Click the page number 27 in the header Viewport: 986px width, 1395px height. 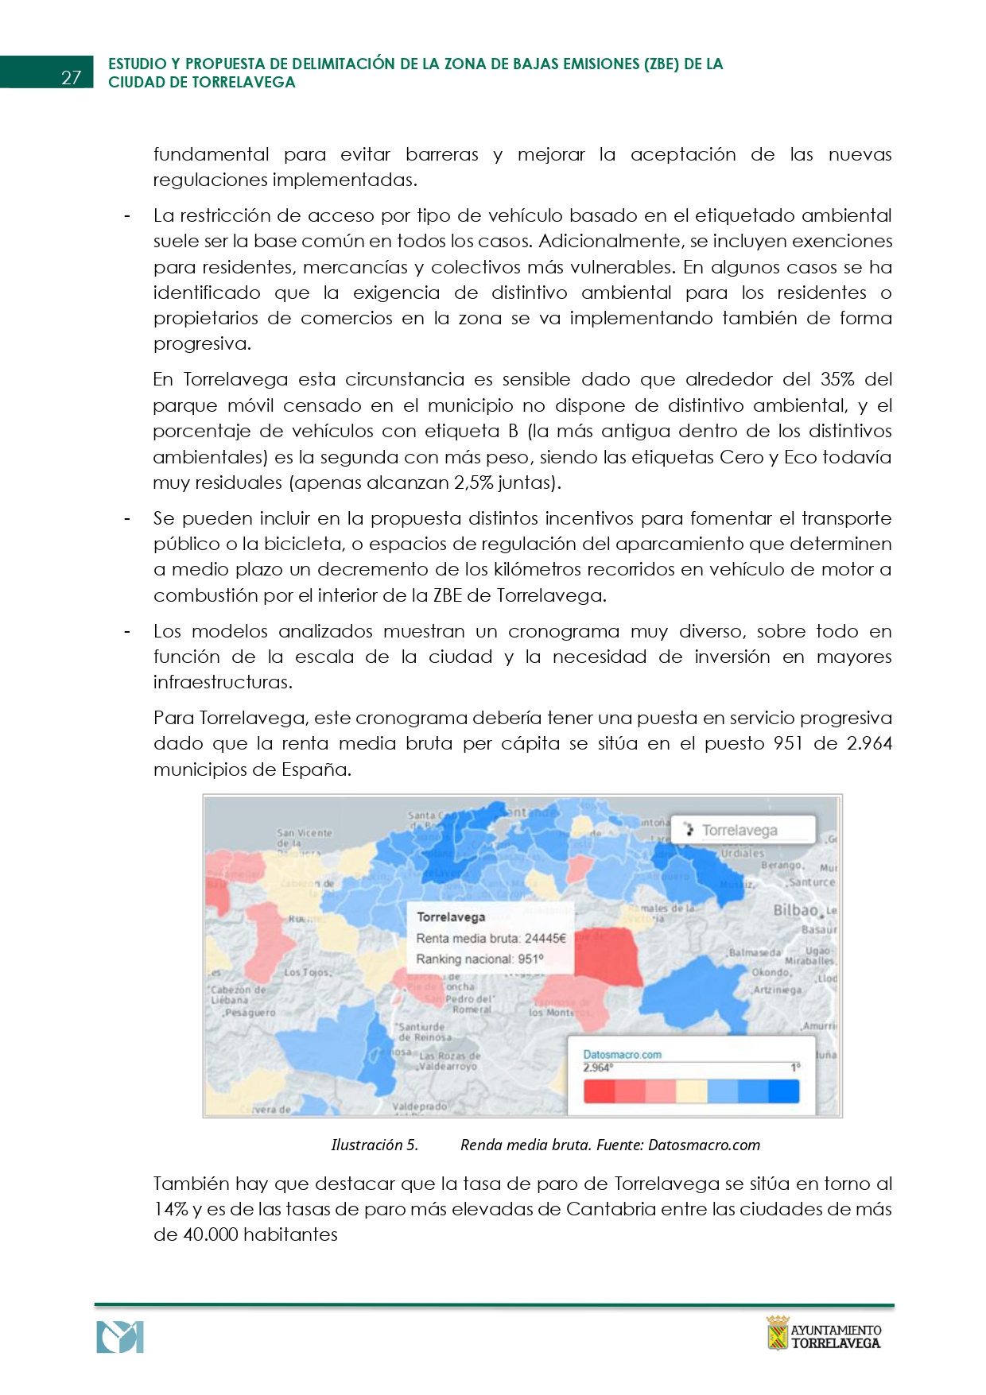[x=71, y=77]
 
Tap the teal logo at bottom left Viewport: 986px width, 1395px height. [x=120, y=1337]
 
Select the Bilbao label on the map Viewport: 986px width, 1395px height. [x=795, y=910]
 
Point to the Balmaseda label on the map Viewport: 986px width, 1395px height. [x=755, y=951]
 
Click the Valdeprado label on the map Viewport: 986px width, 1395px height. [x=419, y=1106]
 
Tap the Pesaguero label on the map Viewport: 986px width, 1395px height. [x=250, y=1013]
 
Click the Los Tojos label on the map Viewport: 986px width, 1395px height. [x=307, y=972]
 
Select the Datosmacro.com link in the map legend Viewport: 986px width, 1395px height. [x=622, y=1055]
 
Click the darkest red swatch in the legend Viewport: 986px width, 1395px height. [x=599, y=1091]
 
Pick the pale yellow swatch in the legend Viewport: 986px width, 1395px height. [x=691, y=1091]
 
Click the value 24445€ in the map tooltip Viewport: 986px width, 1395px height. [x=545, y=938]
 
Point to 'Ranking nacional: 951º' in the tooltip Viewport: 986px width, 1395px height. [x=479, y=959]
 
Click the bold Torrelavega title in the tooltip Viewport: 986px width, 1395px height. [x=450, y=916]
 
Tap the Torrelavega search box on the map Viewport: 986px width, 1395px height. [x=743, y=830]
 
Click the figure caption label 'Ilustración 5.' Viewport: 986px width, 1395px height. [x=374, y=1145]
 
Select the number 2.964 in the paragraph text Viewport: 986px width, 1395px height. [x=869, y=743]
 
